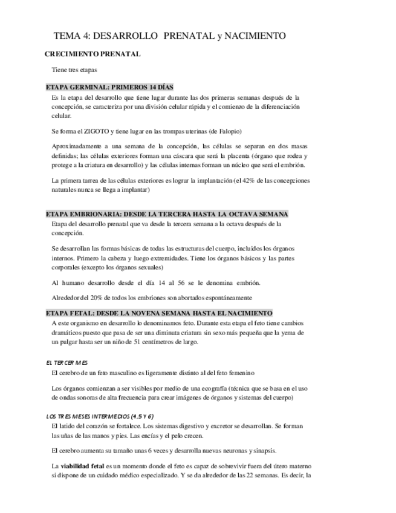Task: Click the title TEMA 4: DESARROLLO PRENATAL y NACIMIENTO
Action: pyautogui.click(x=169, y=36)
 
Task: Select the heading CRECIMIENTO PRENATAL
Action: pyautogui.click(x=93, y=54)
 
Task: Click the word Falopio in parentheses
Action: pyautogui.click(x=228, y=131)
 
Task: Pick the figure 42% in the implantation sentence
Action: pyautogui.click(x=248, y=180)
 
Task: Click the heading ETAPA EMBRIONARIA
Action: pyautogui.click(x=167, y=214)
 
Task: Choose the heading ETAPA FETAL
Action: pyautogui.click(x=159, y=313)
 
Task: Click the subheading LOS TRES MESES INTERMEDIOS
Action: pyautogui.click(x=100, y=416)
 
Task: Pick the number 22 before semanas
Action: pyautogui.click(x=248, y=475)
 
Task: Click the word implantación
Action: pyautogui.click(x=209, y=180)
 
